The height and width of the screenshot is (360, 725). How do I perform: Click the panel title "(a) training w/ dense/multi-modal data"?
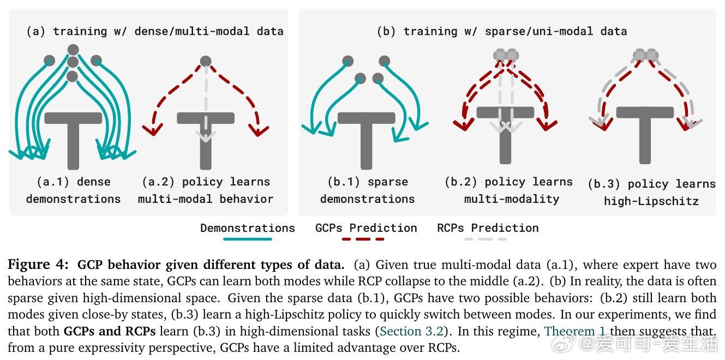click(x=155, y=31)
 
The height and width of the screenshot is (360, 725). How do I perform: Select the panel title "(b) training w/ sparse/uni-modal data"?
click(x=501, y=31)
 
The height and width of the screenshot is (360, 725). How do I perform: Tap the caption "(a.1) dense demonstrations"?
click(x=73, y=190)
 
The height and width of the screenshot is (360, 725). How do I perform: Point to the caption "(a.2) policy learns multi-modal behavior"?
click(x=206, y=190)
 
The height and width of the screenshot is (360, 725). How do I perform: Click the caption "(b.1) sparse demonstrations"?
click(x=367, y=190)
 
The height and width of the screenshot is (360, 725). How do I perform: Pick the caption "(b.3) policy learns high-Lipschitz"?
click(x=651, y=193)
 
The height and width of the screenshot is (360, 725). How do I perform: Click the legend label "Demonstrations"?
click(x=247, y=228)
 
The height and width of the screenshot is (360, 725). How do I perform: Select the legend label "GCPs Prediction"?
click(x=366, y=228)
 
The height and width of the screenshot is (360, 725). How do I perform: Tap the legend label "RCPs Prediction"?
click(x=488, y=228)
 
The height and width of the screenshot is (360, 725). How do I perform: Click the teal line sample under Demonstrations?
click(x=247, y=239)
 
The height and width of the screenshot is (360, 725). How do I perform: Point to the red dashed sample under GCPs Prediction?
click(x=363, y=239)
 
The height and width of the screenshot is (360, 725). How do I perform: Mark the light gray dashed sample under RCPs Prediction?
click(x=486, y=239)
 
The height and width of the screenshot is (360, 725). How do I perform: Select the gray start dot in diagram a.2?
click(x=206, y=61)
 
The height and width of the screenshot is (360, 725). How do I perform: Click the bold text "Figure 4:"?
click(x=38, y=265)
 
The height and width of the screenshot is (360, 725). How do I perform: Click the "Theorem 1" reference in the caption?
click(x=575, y=332)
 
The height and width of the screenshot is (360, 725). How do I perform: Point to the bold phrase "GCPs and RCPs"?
click(x=110, y=332)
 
